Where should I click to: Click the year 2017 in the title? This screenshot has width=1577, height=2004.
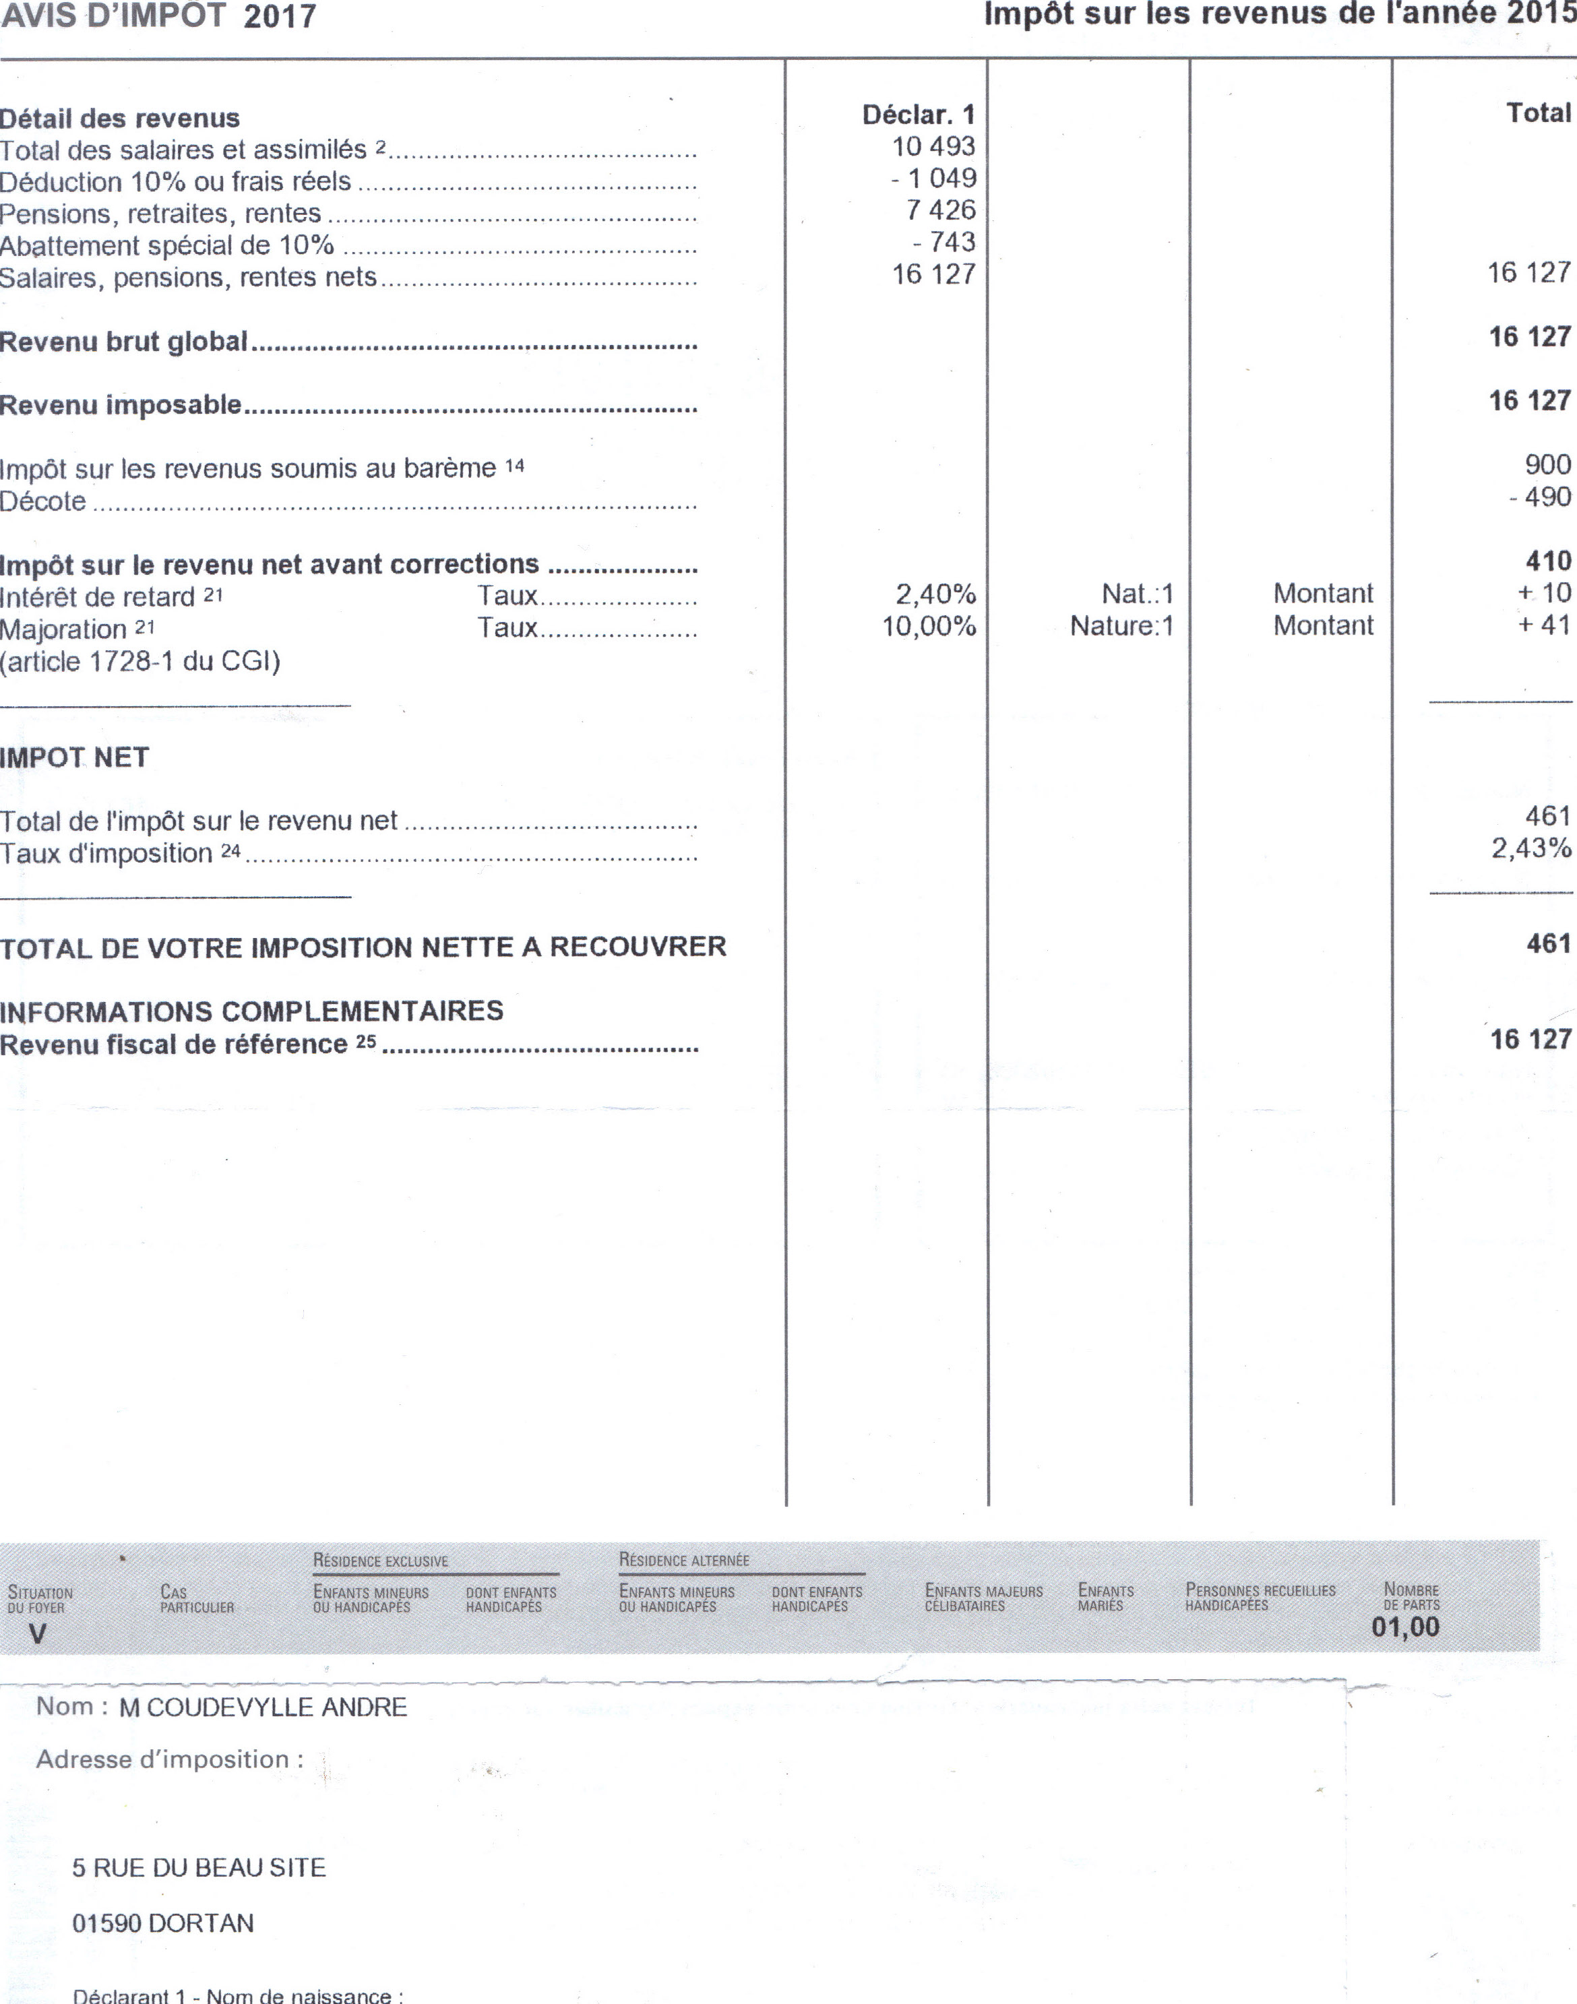280,17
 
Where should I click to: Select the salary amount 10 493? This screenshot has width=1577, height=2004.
933,147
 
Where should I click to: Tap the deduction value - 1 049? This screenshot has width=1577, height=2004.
933,178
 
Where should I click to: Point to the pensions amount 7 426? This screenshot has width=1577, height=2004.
940,210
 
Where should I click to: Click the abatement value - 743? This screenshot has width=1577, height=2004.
944,242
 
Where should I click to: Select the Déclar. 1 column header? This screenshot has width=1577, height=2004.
918,115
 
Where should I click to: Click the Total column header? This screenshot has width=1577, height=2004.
1538,113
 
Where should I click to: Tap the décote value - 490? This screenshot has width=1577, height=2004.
1539,497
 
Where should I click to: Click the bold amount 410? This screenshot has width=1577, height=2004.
1549,561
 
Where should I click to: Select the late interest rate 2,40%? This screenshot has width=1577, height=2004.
935,594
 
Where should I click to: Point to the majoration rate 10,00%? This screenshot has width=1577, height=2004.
929,626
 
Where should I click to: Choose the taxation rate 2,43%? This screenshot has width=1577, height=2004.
1530,848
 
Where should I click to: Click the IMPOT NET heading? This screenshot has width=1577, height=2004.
75,758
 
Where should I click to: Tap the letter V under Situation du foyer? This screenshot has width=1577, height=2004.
37,1634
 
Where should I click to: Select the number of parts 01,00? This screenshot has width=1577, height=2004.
1405,1627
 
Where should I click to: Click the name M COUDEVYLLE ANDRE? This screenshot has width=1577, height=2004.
263,1708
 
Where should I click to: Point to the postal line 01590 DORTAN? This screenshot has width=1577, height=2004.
162,1924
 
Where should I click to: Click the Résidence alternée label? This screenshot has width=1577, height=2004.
684,1560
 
